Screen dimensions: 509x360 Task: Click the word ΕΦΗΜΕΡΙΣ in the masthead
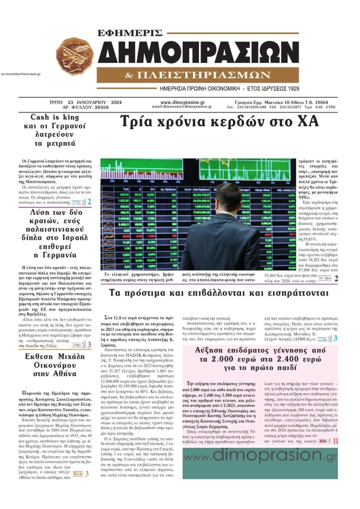(x=130, y=33)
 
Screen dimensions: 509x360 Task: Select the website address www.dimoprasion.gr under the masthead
(x=182, y=102)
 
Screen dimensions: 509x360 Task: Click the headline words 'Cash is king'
(x=55, y=117)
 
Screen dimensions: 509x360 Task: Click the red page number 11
(x=335, y=441)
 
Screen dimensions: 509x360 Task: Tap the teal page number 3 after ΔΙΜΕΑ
(x=335, y=338)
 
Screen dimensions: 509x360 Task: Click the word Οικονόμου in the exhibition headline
(x=55, y=365)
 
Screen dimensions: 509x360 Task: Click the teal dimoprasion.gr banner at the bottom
(x=260, y=463)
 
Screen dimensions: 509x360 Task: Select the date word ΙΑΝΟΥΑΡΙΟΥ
(x=91, y=102)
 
